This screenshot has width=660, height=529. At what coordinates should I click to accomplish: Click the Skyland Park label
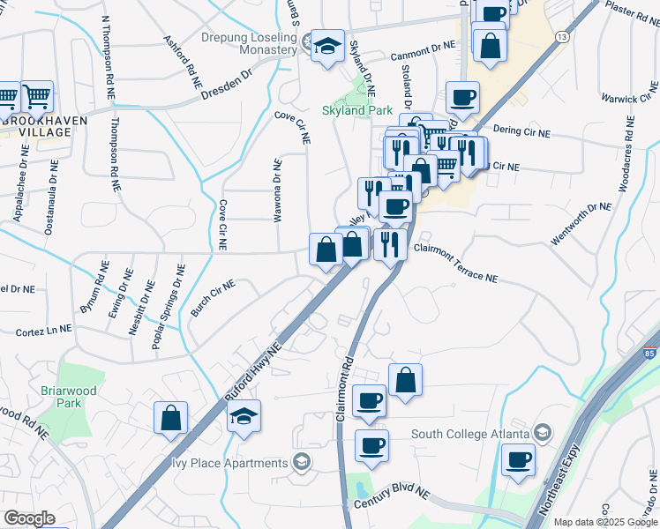[356, 111]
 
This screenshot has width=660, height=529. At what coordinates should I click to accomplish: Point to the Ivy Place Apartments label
[228, 463]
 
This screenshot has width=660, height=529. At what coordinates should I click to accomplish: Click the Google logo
[29, 518]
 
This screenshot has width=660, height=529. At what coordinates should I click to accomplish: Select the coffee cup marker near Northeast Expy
[518, 459]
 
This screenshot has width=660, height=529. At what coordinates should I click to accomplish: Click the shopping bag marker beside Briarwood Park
[170, 418]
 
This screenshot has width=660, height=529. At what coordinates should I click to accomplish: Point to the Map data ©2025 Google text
[605, 522]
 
